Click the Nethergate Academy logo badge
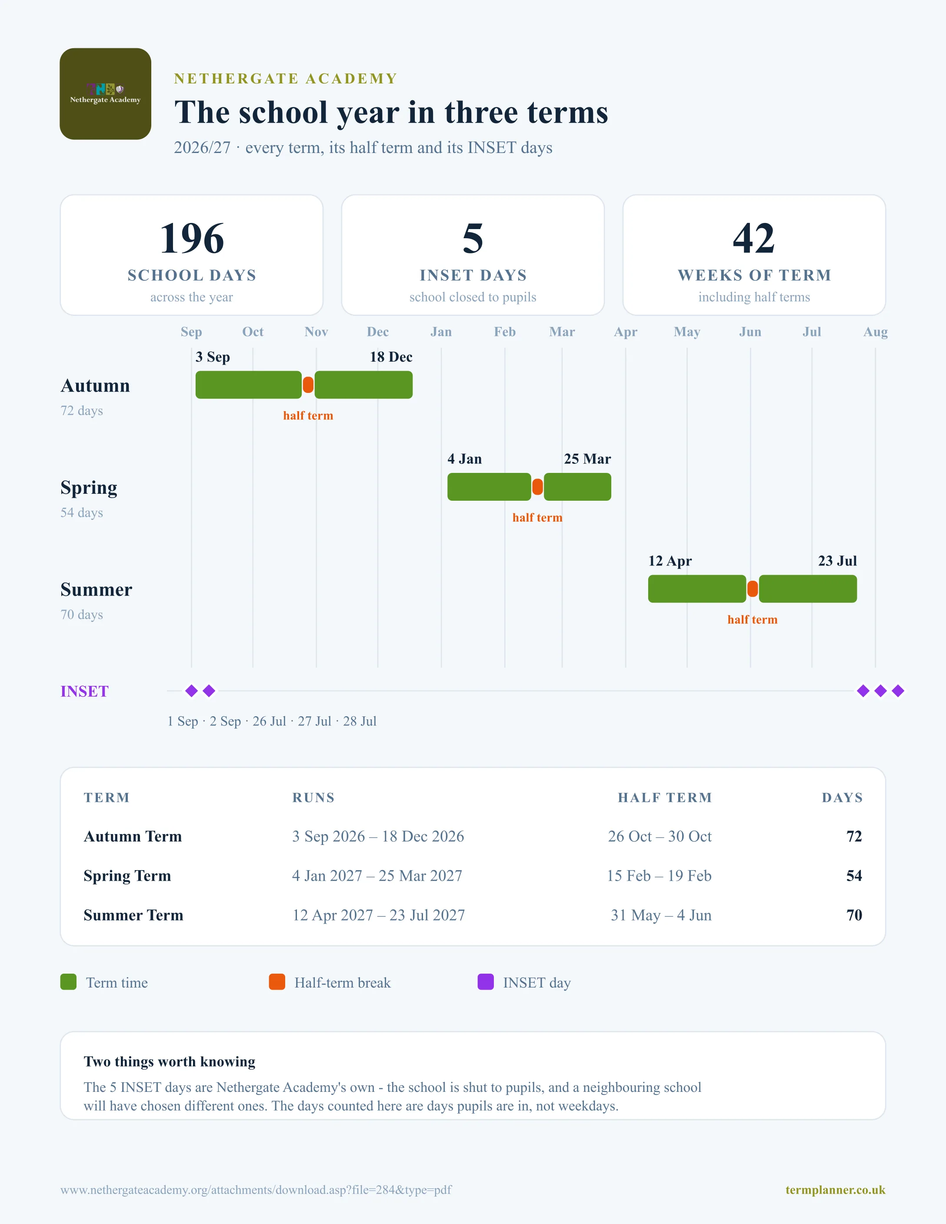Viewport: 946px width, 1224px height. coord(105,93)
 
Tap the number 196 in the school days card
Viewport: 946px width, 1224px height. coord(192,238)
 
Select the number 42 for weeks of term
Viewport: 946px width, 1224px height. coord(754,238)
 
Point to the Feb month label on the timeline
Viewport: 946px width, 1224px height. coord(504,332)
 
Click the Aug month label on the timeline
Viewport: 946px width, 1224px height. coord(876,332)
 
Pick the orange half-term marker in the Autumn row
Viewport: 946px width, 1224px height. coord(308,385)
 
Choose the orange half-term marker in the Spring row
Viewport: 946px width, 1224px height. coord(537,487)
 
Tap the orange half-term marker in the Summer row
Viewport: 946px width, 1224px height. coord(753,589)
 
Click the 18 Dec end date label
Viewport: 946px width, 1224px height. coord(391,357)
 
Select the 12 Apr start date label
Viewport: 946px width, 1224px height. coord(670,561)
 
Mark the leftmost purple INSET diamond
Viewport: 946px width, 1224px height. coord(192,691)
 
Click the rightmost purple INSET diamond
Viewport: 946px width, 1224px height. coord(898,691)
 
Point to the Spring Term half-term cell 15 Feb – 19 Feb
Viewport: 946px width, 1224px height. coord(659,875)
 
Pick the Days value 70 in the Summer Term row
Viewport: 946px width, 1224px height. coord(854,915)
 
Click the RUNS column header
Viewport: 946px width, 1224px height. coord(313,798)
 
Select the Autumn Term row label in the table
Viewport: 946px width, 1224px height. coord(133,836)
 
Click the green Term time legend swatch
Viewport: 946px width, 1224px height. coord(68,982)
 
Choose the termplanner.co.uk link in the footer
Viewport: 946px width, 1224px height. coord(836,1190)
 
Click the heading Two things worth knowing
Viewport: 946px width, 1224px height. coord(169,1061)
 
